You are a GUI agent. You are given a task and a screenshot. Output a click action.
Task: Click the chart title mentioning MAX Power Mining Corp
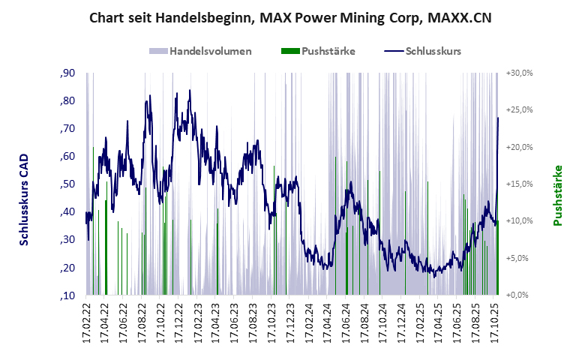coord(290,16)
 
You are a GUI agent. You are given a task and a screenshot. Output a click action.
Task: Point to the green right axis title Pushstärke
coord(557,196)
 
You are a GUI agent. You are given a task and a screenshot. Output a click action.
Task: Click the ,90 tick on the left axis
coord(67,73)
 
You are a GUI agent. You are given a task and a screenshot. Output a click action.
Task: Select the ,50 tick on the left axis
coord(67,184)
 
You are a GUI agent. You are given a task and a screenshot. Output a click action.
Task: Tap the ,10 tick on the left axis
coord(67,295)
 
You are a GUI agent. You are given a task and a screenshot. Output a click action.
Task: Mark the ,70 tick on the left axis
coord(67,129)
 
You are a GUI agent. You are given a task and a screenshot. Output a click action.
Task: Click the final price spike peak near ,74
coord(497,118)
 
